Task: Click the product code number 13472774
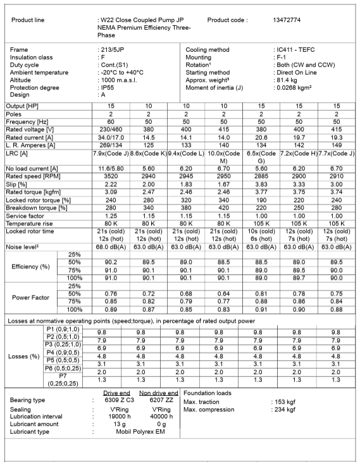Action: tap(287, 20)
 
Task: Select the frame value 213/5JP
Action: tap(113, 49)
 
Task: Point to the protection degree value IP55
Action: tap(108, 87)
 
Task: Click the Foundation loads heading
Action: tap(208, 392)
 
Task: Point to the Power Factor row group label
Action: tap(30, 297)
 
